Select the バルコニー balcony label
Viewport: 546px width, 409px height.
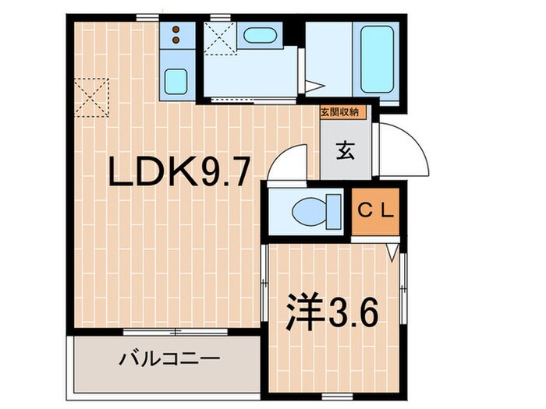click(169, 360)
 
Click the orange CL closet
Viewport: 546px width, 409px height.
click(378, 211)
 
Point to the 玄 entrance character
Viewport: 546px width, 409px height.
click(345, 151)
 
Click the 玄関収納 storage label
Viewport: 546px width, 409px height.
click(340, 112)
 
